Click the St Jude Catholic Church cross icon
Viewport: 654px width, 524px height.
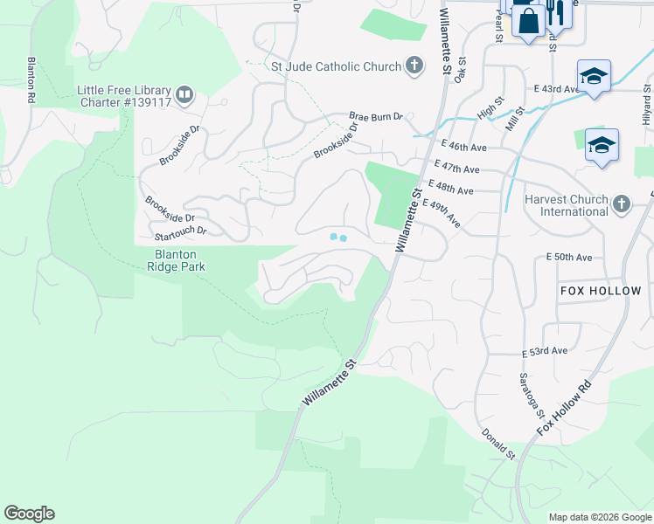(x=414, y=65)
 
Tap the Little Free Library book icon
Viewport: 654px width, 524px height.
(x=184, y=94)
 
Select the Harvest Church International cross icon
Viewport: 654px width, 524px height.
(x=621, y=204)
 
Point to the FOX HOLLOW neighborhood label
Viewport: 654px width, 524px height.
(x=600, y=291)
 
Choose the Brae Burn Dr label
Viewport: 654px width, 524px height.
(x=376, y=116)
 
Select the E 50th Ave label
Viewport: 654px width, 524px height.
(x=569, y=258)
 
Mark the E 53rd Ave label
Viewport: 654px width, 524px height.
(x=545, y=351)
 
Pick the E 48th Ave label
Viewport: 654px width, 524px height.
(x=452, y=190)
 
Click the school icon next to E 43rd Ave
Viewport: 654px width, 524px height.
(x=593, y=76)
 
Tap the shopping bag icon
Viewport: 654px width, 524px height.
(x=529, y=20)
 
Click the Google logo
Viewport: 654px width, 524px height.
(x=29, y=514)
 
